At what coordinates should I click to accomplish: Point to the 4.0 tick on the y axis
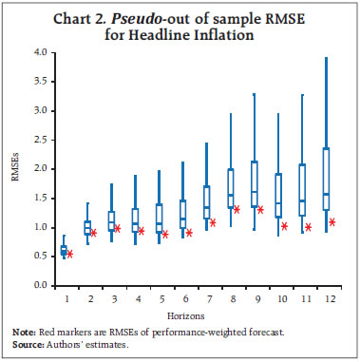pos(42,52)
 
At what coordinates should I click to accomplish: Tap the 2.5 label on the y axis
pos(42,140)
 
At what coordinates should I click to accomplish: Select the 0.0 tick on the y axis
pos(42,285)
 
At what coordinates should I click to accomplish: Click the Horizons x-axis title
pos(197,311)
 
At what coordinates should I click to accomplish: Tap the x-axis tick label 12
pos(328,298)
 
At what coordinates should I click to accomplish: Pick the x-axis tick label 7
pos(208,298)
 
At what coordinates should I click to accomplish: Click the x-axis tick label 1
pos(64,298)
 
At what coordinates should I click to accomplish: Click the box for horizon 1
pos(64,250)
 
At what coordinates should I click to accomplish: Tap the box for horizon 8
pos(231,187)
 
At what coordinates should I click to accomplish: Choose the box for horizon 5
pos(160,218)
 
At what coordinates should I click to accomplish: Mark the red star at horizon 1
pos(70,254)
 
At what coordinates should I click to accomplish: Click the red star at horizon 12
pos(332,222)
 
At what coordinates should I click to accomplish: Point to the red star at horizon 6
pos(189,232)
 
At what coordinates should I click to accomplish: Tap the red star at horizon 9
pos(260,209)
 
